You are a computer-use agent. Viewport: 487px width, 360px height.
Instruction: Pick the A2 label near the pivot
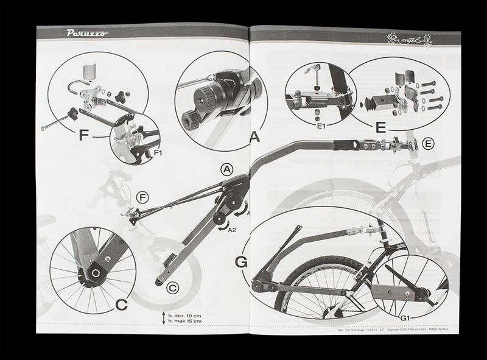(x=231, y=231)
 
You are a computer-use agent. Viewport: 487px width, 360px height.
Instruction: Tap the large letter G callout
(x=242, y=263)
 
